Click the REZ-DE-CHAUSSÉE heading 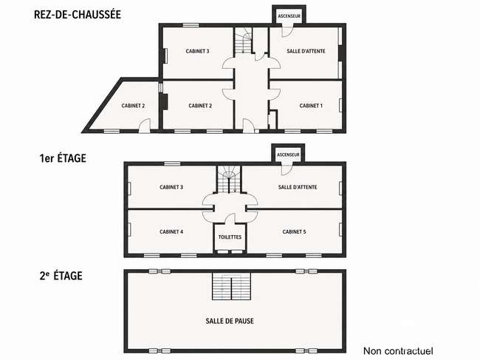click(78, 14)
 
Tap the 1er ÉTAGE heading click(63, 158)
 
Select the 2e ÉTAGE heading click(61, 276)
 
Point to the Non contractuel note click(398, 351)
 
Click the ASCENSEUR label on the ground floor click(289, 16)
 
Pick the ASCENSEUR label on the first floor click(288, 154)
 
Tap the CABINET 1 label click(311, 106)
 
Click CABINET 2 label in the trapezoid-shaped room click(133, 106)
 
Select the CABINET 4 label click(171, 231)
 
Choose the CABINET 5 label click(294, 231)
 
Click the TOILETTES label click(230, 237)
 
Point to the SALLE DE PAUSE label click(230, 321)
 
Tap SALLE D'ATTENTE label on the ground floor click(306, 51)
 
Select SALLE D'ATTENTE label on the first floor click(298, 187)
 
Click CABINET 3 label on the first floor click(171, 187)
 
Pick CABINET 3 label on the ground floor click(197, 51)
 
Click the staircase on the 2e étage click(231, 286)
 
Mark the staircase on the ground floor click(244, 41)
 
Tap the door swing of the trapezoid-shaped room click(145, 126)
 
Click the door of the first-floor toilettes click(230, 219)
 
